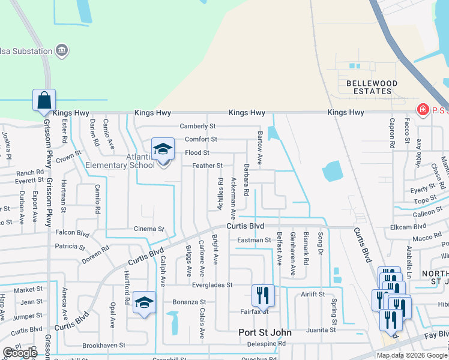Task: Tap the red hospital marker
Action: click(422, 109)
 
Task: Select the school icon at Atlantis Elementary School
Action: click(163, 149)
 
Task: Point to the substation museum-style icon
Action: click(62, 50)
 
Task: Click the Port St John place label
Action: click(265, 332)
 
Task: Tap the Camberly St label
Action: click(197, 127)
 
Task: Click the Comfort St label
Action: click(200, 139)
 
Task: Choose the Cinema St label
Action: click(148, 229)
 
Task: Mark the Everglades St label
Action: click(212, 285)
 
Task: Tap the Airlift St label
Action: click(313, 295)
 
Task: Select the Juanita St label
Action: click(320, 329)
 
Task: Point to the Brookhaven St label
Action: click(104, 346)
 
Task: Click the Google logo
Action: click(20, 353)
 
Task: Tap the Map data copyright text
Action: click(412, 355)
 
